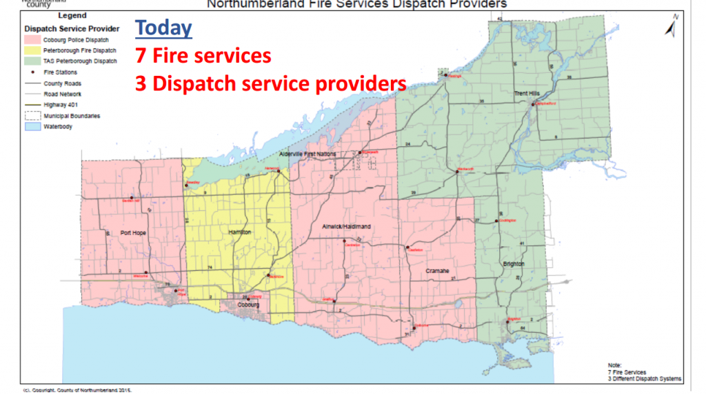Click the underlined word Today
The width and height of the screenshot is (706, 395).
163,28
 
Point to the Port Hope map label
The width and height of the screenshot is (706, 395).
134,233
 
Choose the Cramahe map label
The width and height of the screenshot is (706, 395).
437,271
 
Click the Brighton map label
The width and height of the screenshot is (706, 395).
514,264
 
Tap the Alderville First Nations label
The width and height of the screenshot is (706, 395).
307,154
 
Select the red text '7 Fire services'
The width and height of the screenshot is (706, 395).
203,55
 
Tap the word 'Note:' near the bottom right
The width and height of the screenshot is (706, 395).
614,365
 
